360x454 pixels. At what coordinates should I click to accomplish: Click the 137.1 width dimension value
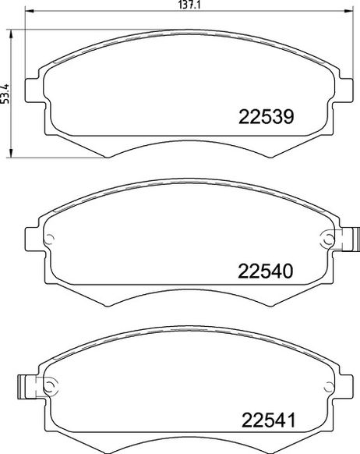click(x=189, y=5)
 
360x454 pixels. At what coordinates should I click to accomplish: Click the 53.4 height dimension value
click(x=5, y=94)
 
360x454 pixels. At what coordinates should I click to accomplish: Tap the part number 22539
click(x=266, y=117)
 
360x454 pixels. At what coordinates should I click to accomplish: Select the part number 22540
click(x=266, y=271)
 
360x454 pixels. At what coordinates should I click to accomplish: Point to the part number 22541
click(x=269, y=420)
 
